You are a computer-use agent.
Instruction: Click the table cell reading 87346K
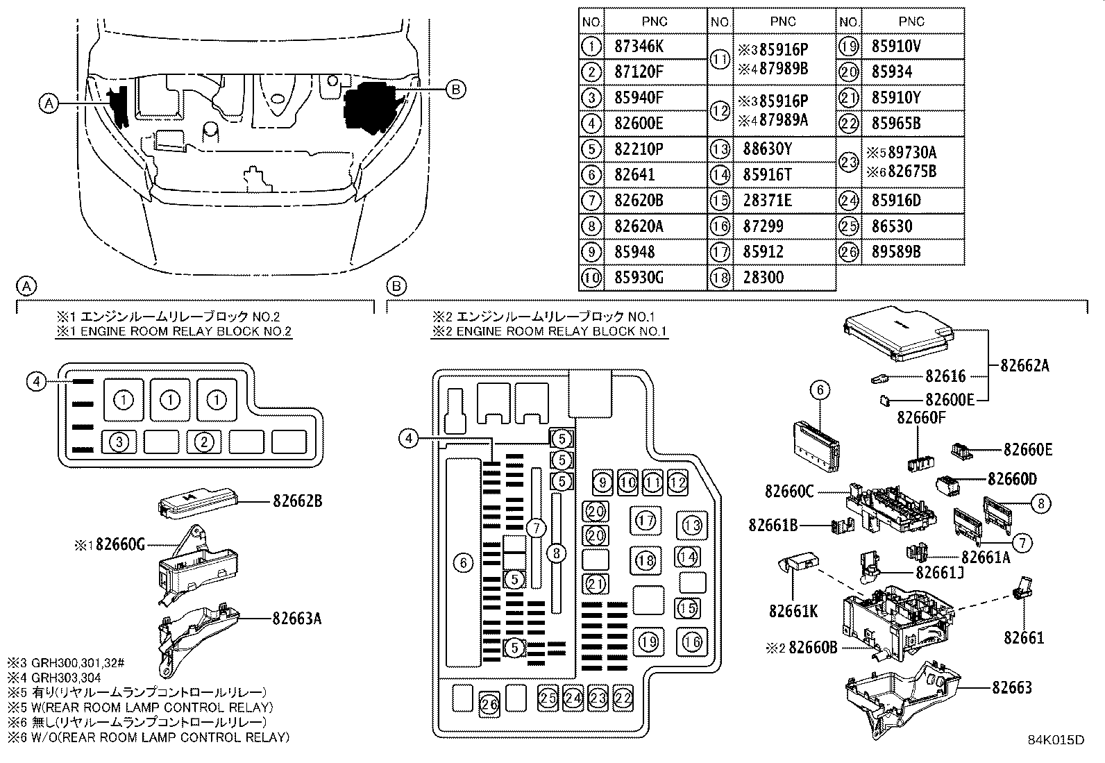tap(639, 47)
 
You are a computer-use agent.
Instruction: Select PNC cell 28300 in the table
tap(764, 278)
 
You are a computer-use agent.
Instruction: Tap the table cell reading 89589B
tap(895, 252)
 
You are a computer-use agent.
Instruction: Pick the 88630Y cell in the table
tap(767, 149)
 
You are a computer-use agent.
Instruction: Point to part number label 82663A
tap(297, 618)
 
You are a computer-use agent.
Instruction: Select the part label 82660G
tap(119, 545)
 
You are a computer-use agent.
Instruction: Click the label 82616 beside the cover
tap(945, 376)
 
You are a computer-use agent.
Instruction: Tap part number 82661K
tap(793, 611)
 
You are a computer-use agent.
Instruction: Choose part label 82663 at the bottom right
tap(1011, 687)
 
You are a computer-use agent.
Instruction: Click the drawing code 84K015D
tap(1056, 739)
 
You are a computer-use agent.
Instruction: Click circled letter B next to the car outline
tap(455, 89)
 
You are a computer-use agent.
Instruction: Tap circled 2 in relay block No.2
tap(203, 442)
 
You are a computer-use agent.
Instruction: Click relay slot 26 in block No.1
tap(490, 704)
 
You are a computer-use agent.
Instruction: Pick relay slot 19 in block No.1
tap(648, 642)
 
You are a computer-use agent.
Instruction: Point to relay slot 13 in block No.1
tap(691, 524)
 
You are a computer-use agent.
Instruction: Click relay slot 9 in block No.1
tap(603, 481)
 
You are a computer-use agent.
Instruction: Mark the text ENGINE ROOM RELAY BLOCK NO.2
tap(185, 331)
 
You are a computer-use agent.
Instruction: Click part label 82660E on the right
tap(1027, 450)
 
